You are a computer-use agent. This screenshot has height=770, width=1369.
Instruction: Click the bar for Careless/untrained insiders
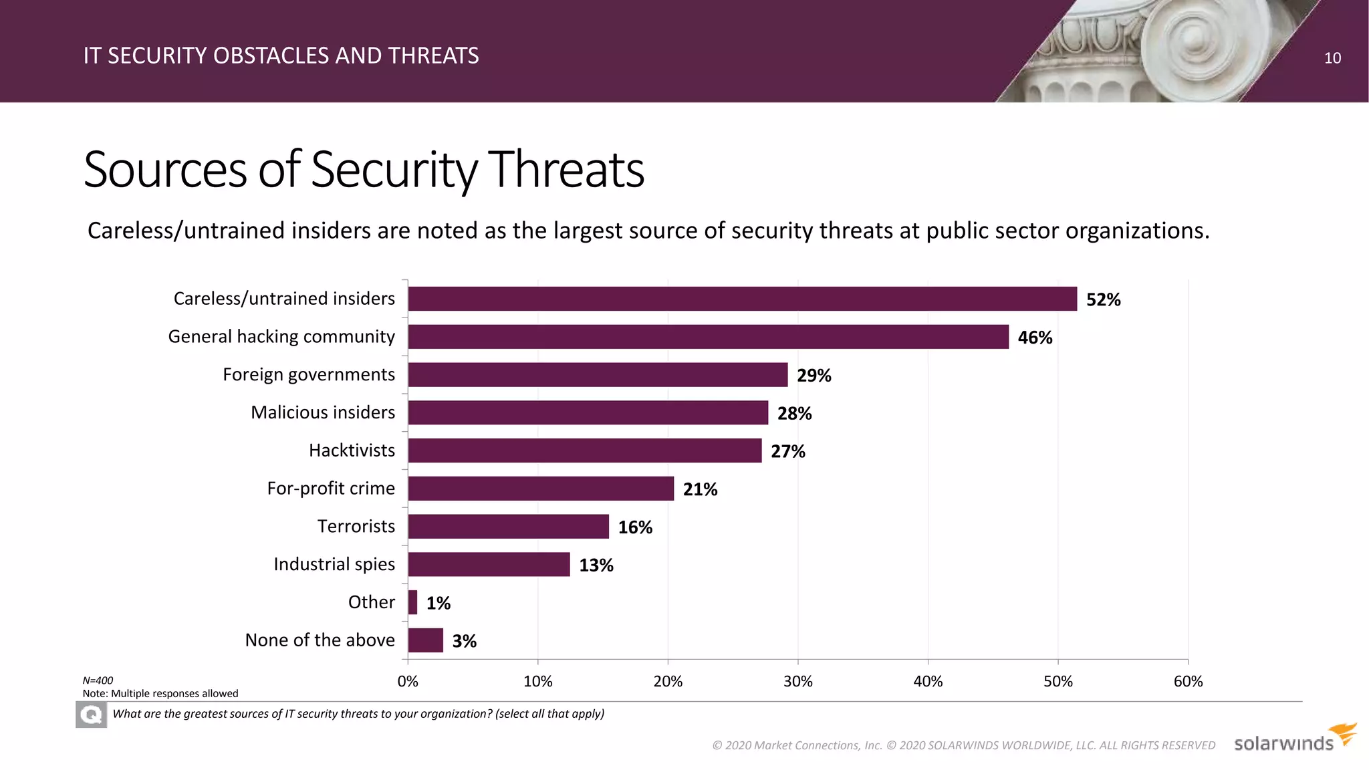(742, 299)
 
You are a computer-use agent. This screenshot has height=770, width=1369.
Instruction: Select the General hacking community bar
(708, 337)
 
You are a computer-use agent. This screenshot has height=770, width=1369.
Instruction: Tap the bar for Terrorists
(508, 527)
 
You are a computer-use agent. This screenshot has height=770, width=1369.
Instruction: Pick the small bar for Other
(412, 602)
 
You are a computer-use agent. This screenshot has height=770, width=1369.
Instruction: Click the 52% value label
(1103, 299)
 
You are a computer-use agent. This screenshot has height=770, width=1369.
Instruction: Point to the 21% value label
(700, 489)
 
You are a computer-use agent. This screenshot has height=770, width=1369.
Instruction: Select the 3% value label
(464, 641)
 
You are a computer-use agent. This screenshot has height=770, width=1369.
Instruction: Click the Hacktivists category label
(352, 451)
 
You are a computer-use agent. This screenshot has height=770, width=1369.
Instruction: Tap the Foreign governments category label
(308, 374)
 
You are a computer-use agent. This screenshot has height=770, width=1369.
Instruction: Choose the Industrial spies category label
(334, 564)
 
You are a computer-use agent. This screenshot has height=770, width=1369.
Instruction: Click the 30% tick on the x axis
(797, 681)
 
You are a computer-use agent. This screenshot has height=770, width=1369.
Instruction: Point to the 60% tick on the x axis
(1188, 681)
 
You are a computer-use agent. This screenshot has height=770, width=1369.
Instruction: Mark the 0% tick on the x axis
(408, 681)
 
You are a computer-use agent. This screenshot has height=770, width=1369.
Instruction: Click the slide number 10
(1332, 58)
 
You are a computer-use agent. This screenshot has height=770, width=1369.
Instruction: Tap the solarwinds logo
(1293, 739)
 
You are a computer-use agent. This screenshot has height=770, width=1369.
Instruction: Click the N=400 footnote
(98, 680)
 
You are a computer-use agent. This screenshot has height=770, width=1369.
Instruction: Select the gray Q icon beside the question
(91, 715)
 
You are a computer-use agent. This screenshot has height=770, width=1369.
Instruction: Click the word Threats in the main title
(566, 170)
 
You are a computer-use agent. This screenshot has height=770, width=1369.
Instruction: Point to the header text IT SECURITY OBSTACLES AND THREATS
(281, 55)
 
